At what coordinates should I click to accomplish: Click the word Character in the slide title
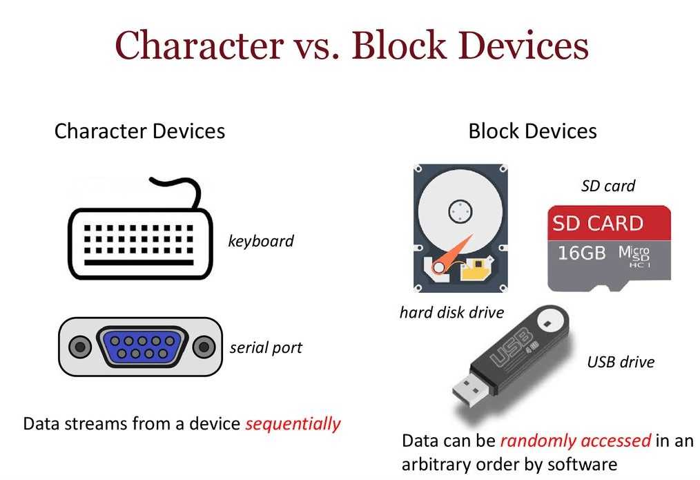tap(199, 46)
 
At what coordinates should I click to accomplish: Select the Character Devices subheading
tap(139, 131)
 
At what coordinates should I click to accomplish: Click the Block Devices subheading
tap(532, 131)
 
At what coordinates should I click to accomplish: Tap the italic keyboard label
tap(260, 241)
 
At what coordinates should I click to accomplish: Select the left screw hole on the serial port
tap(81, 346)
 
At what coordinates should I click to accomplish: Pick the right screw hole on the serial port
tap(203, 346)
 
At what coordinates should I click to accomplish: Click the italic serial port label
tap(266, 347)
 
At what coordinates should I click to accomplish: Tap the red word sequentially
tap(293, 423)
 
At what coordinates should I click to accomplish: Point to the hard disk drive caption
tap(451, 313)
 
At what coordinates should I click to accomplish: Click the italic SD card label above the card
tap(607, 186)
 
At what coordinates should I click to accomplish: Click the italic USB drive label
tap(620, 362)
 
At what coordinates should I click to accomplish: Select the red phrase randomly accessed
tap(576, 441)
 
